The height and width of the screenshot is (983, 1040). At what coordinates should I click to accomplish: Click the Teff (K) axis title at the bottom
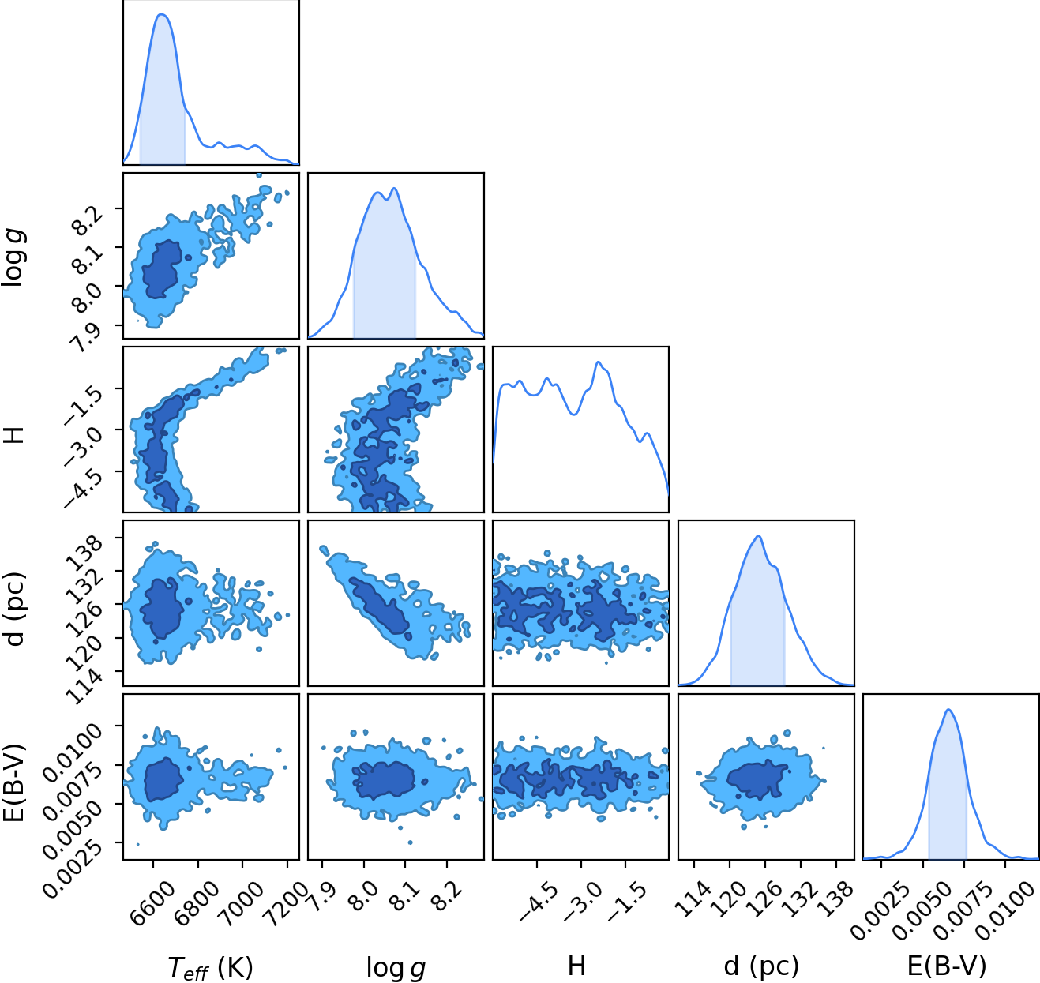211,967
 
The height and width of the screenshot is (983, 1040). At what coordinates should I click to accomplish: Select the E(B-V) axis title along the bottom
947,966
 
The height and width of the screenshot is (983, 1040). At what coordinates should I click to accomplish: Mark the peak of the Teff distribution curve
162,14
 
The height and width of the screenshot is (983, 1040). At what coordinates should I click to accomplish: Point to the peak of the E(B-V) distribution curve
948,710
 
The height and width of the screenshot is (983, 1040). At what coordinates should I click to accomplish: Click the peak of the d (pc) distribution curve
759,535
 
